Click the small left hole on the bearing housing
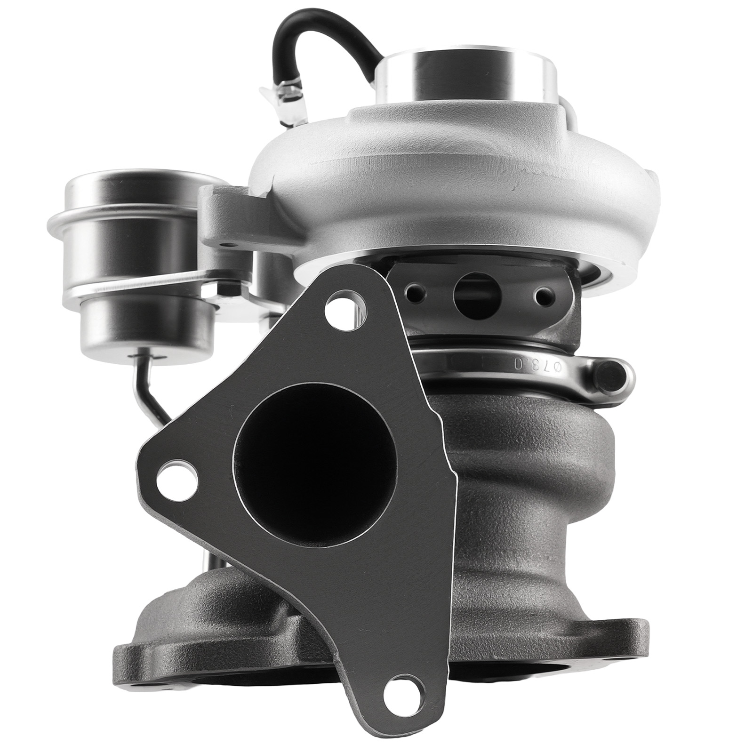[x=415, y=294]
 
